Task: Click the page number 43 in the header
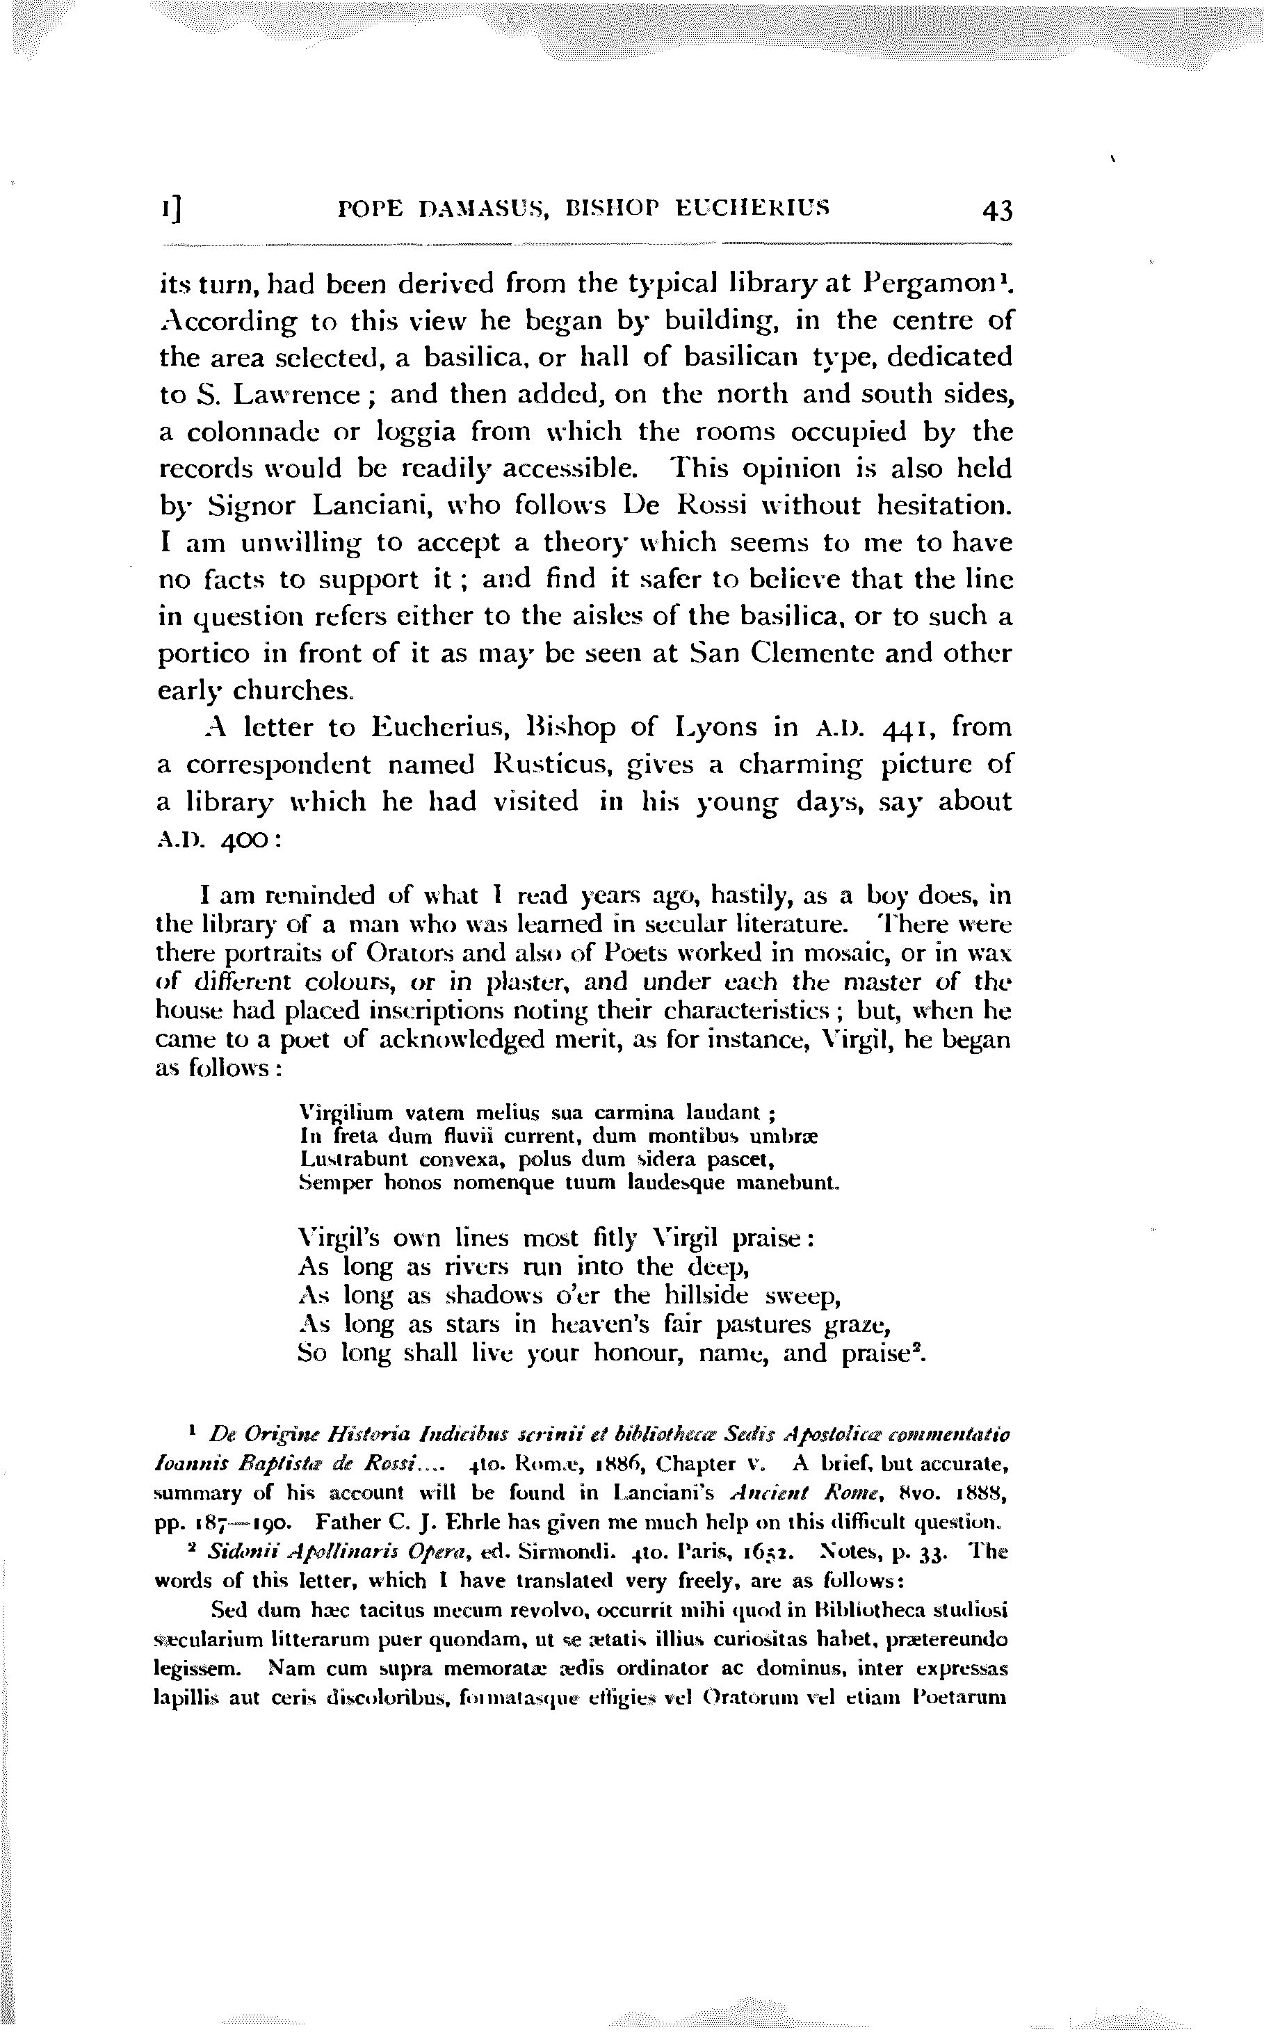point(996,211)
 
